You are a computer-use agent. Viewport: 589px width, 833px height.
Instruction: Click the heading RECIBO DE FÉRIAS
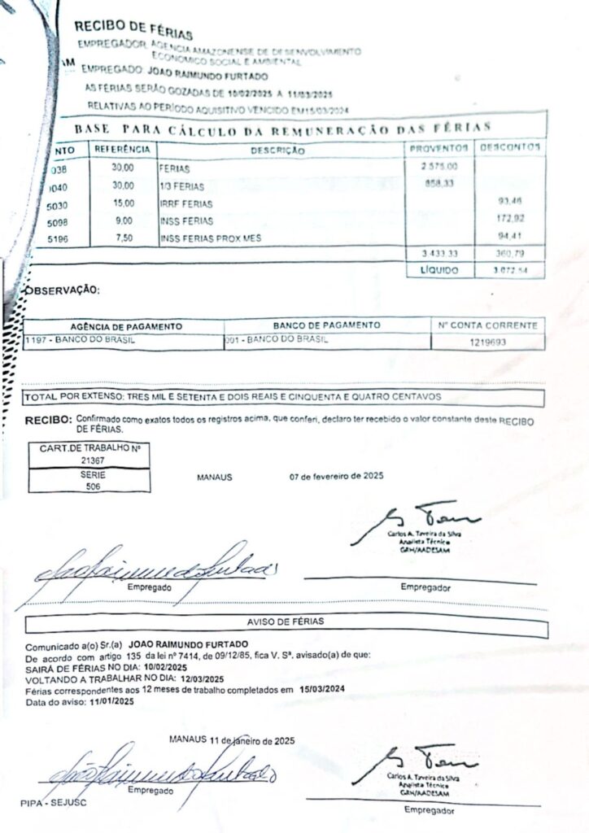[133, 31]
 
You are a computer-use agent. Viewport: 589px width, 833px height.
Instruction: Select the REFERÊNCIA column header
[122, 149]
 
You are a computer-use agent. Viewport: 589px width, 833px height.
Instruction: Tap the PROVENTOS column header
[438, 148]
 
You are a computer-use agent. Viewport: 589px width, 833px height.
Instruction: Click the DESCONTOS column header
[509, 148]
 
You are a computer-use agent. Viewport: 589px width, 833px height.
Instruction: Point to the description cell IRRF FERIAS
[186, 204]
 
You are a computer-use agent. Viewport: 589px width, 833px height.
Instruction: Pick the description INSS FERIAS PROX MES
[211, 238]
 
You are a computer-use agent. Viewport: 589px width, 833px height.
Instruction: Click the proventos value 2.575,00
[439, 166]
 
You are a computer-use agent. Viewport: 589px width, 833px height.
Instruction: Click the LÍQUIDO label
[439, 269]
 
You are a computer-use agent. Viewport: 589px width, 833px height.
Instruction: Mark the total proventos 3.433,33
[439, 254]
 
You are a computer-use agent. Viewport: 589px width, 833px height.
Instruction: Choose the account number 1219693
[488, 342]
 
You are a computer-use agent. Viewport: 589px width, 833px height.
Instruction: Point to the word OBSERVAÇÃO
[63, 290]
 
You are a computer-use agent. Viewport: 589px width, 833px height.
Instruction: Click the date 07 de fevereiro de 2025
[336, 476]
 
